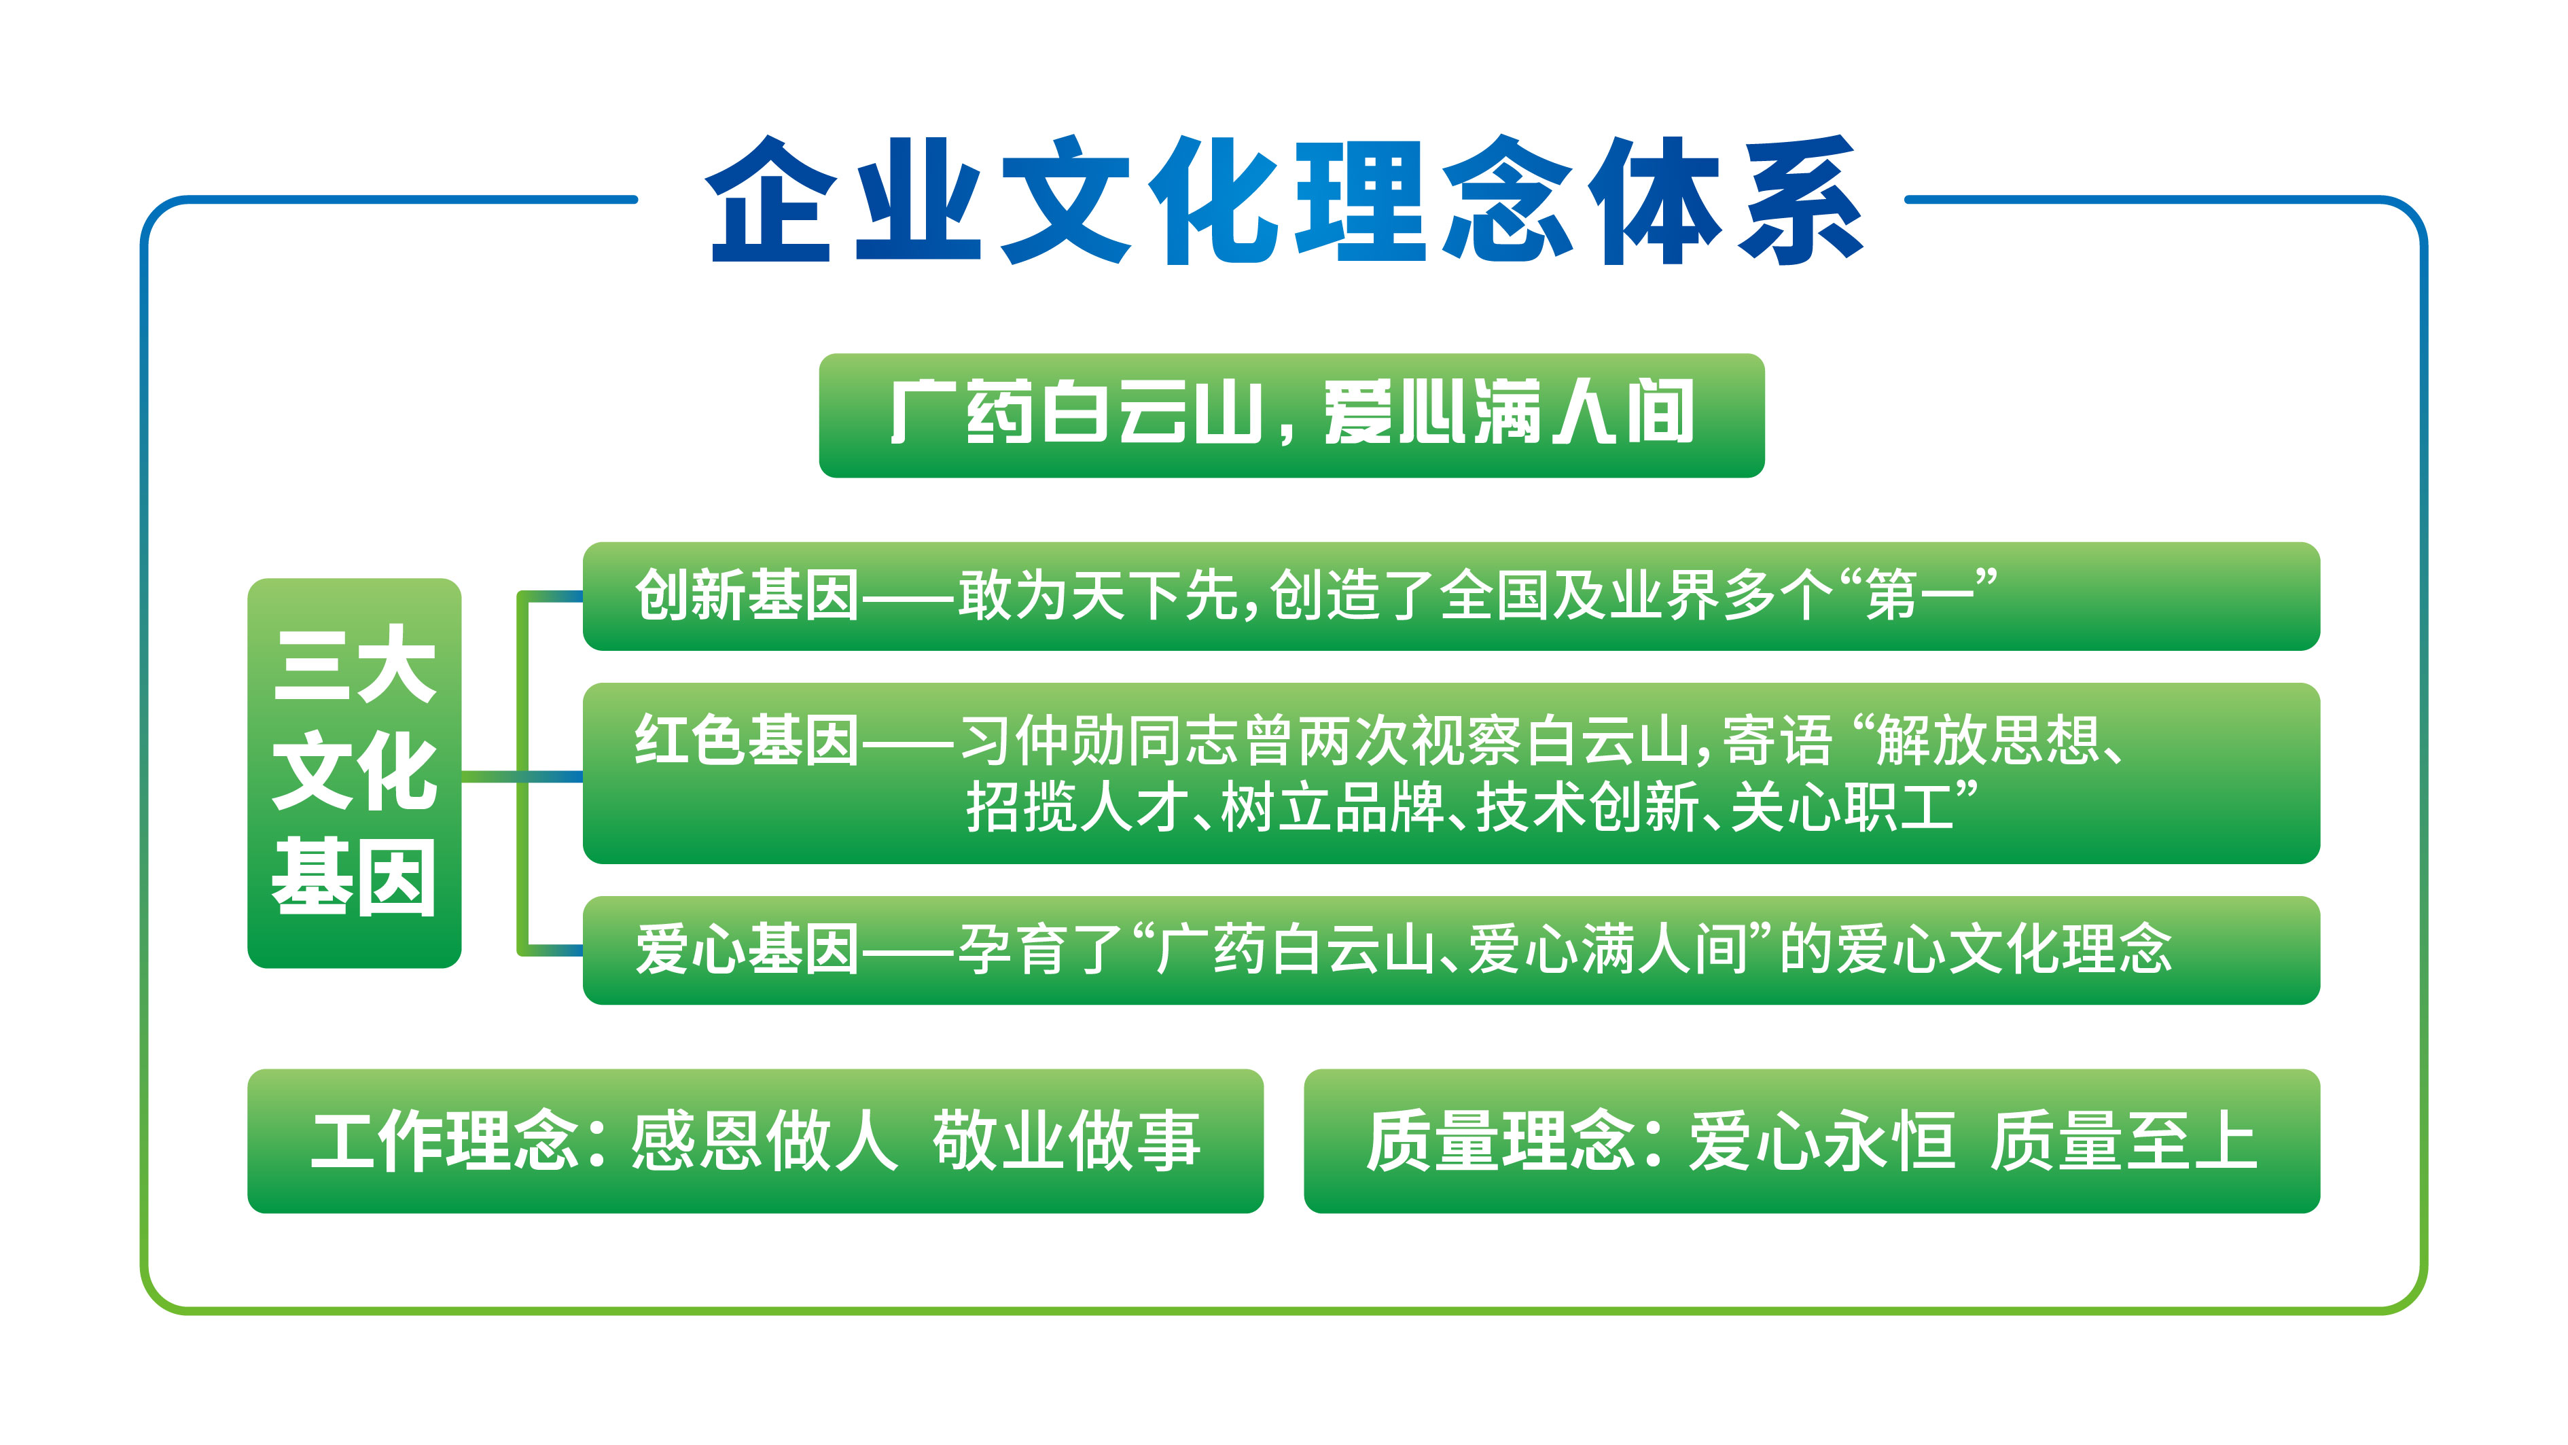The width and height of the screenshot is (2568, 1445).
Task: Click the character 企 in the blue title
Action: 768,200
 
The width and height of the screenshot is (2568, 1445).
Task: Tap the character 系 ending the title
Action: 1800,200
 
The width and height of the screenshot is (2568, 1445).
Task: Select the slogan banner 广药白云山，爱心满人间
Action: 1291,414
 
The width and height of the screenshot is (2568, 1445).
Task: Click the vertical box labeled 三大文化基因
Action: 354,772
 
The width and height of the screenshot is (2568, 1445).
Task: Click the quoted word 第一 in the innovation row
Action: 1920,596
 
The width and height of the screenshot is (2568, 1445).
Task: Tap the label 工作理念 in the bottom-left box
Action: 444,1141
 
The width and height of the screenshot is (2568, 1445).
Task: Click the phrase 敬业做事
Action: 1067,1141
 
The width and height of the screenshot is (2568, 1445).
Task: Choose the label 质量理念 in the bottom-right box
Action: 1500,1141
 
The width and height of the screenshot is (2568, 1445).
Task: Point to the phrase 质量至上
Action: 2124,1141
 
